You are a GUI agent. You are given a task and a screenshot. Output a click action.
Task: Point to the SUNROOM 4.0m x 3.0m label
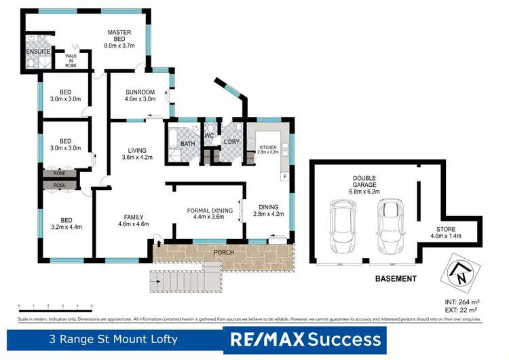[140, 96]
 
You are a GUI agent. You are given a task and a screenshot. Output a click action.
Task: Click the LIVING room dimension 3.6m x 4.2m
[138, 158]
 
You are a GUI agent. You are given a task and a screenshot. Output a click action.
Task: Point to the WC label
[210, 134]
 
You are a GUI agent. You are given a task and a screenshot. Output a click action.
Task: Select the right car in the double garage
[390, 223]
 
